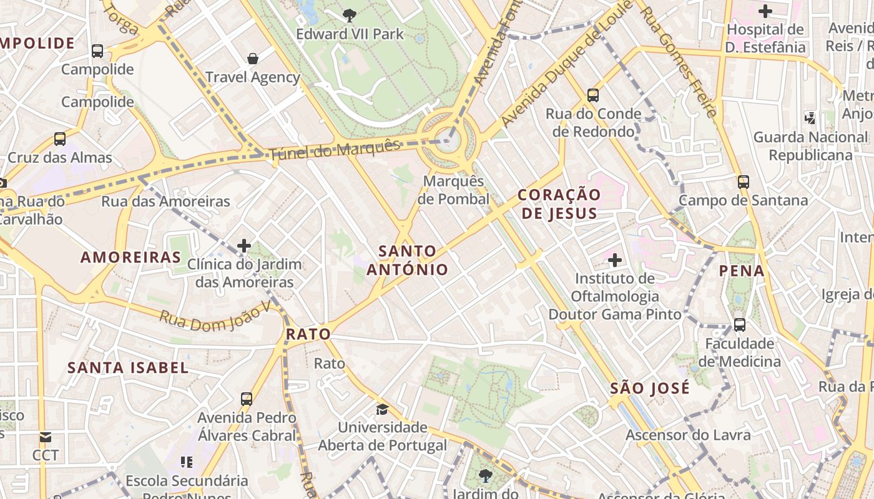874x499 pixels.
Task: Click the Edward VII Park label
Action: pyautogui.click(x=350, y=34)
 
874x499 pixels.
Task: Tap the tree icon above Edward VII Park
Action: pyautogui.click(x=350, y=15)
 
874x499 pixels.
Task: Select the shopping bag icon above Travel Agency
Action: pyautogui.click(x=253, y=59)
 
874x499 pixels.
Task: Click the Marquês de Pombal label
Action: pyautogui.click(x=453, y=190)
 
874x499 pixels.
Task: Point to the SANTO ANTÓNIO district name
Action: pyautogui.click(x=407, y=260)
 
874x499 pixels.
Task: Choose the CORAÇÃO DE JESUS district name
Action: pyautogui.click(x=559, y=204)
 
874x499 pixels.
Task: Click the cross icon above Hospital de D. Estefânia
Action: pyautogui.click(x=765, y=11)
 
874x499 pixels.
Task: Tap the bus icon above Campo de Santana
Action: pyautogui.click(x=743, y=182)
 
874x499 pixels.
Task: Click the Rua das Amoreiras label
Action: pyautogui.click(x=165, y=201)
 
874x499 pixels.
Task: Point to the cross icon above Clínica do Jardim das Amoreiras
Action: pyautogui.click(x=244, y=246)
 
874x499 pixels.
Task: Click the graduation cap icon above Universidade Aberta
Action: pyautogui.click(x=382, y=409)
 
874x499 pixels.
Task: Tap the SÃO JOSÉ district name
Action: pyautogui.click(x=650, y=388)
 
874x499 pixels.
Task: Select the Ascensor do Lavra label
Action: pyautogui.click(x=688, y=435)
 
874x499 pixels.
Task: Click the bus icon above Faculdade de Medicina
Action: pyautogui.click(x=739, y=324)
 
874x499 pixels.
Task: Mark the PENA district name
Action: pyautogui.click(x=742, y=271)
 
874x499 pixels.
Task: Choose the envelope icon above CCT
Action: pyautogui.click(x=45, y=437)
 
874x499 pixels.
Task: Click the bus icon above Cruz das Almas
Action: pyautogui.click(x=60, y=138)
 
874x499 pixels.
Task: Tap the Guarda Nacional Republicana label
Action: pyautogui.click(x=810, y=146)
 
